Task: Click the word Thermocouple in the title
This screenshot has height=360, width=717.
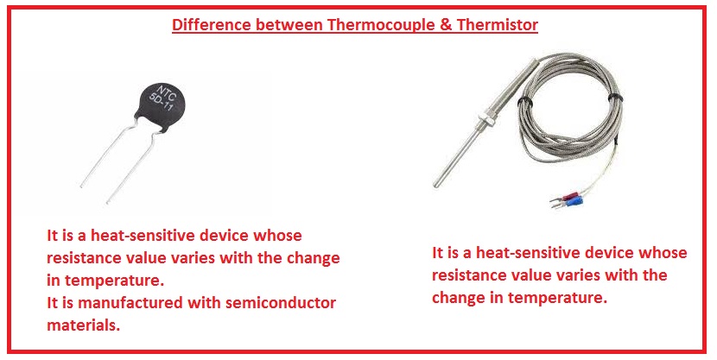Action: [x=381, y=25]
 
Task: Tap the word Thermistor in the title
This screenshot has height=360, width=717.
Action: [x=498, y=25]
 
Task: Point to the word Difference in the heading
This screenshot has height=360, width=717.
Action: [x=212, y=25]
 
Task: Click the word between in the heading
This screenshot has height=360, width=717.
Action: [x=289, y=25]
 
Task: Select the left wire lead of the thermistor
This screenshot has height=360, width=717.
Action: [x=110, y=155]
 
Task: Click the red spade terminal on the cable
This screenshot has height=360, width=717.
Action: [x=567, y=199]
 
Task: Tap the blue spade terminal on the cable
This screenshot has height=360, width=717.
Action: [x=571, y=202]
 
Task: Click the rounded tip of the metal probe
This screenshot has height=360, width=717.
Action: [x=436, y=185]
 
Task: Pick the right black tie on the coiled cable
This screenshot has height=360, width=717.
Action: [x=615, y=98]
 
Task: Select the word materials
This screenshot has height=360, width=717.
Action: [x=83, y=325]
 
